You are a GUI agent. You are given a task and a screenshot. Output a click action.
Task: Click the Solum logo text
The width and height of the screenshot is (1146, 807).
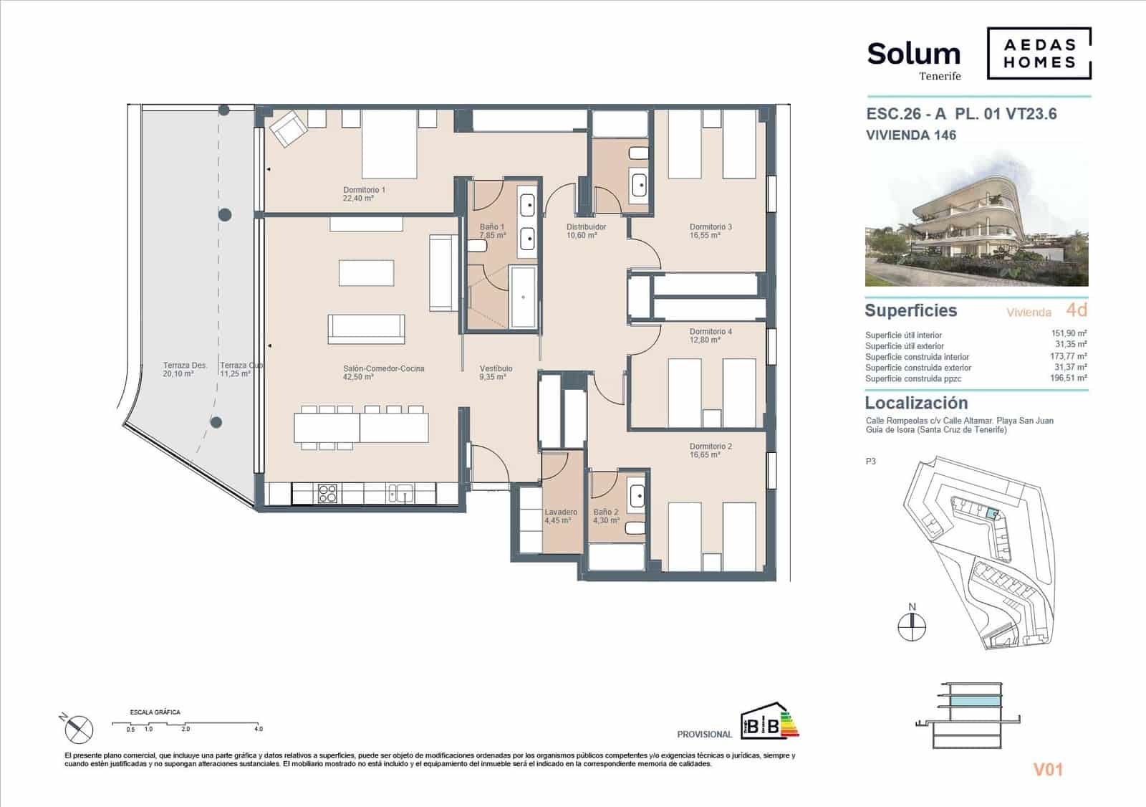pos(913,54)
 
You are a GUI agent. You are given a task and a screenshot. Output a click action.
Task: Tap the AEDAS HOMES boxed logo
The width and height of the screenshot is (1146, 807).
pos(1039,53)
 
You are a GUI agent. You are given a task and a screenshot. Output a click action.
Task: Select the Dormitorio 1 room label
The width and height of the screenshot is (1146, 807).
pos(364,191)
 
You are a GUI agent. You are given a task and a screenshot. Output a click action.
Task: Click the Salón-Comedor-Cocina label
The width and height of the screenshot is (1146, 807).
pos(383,368)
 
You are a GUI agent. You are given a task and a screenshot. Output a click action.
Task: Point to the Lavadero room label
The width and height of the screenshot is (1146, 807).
pos(560,512)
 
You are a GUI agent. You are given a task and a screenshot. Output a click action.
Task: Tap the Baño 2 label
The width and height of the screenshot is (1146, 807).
pos(605,512)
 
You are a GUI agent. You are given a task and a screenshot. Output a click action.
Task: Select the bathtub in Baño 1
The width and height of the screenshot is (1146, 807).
pos(524,296)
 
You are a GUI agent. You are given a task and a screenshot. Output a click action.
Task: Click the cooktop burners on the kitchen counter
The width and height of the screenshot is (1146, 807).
pos(327,493)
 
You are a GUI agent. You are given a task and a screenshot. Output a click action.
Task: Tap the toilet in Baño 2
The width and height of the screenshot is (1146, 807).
pos(635,529)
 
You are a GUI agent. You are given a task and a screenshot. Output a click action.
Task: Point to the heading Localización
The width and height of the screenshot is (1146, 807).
pos(916,403)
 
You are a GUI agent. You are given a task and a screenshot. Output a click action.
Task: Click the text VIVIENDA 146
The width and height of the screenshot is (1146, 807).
pos(910,135)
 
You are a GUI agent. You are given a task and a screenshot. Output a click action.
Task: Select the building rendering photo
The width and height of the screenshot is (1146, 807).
pos(976,222)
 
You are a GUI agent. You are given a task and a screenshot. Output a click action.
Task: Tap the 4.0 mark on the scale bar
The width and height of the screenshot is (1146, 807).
pos(258,728)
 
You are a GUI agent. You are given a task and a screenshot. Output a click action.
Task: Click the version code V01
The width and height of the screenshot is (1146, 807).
pos(1048,770)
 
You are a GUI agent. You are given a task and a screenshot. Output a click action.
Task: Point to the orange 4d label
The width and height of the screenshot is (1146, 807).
pos(1076,310)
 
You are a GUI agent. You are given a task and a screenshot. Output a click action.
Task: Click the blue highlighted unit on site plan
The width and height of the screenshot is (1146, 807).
pos(991,513)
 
